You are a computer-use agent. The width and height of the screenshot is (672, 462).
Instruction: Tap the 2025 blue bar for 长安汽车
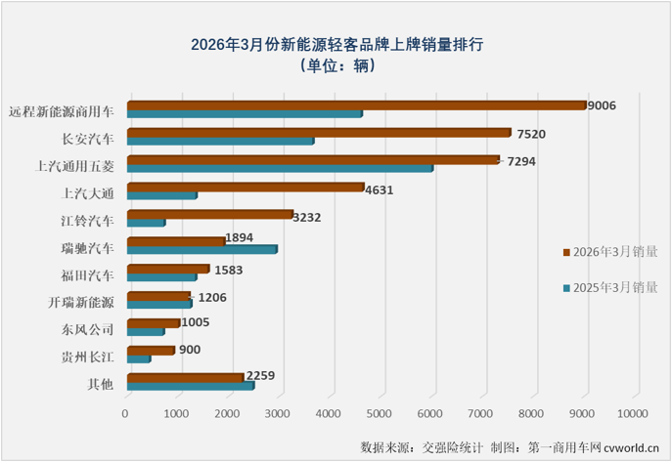click(221, 141)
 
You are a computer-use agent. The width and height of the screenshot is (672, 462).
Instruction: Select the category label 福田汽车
click(87, 274)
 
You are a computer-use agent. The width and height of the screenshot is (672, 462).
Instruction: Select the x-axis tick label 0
click(126, 415)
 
